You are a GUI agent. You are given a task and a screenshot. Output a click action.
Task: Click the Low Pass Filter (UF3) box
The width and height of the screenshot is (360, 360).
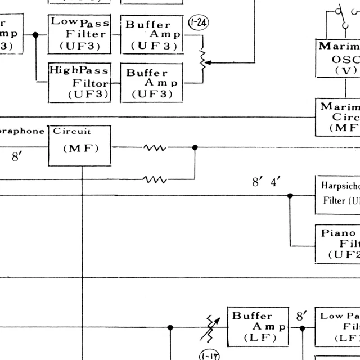coord(79,34)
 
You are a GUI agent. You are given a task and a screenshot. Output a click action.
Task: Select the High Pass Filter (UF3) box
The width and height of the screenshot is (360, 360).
coord(79,82)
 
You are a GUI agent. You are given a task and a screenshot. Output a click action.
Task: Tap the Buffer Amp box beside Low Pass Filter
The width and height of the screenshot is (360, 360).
coord(152,34)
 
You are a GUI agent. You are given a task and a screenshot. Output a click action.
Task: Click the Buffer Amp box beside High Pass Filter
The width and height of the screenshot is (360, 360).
coord(152,82)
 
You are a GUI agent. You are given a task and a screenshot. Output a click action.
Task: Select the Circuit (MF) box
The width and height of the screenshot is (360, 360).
coord(79,145)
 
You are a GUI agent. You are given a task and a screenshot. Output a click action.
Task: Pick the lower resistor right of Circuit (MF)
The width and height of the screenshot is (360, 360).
coord(155,179)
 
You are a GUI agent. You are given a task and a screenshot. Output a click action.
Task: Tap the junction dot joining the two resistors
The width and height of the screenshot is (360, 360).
coord(195,147)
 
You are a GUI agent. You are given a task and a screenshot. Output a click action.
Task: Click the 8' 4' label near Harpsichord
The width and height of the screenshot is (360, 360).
coord(266,182)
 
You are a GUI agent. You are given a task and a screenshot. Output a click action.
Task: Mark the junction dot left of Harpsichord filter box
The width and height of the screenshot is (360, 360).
coord(290,196)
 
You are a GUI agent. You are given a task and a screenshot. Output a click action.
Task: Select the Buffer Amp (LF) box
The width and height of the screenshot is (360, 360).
coord(258,326)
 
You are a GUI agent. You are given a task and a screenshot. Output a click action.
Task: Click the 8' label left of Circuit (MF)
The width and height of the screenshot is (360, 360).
coord(17,157)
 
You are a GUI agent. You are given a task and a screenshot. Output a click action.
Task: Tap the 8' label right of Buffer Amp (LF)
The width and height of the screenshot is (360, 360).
coord(302,316)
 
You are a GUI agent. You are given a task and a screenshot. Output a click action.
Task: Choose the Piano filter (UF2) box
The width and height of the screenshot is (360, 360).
coord(337,243)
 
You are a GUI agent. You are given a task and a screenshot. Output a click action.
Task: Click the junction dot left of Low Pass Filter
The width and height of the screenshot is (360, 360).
coord(35,35)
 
